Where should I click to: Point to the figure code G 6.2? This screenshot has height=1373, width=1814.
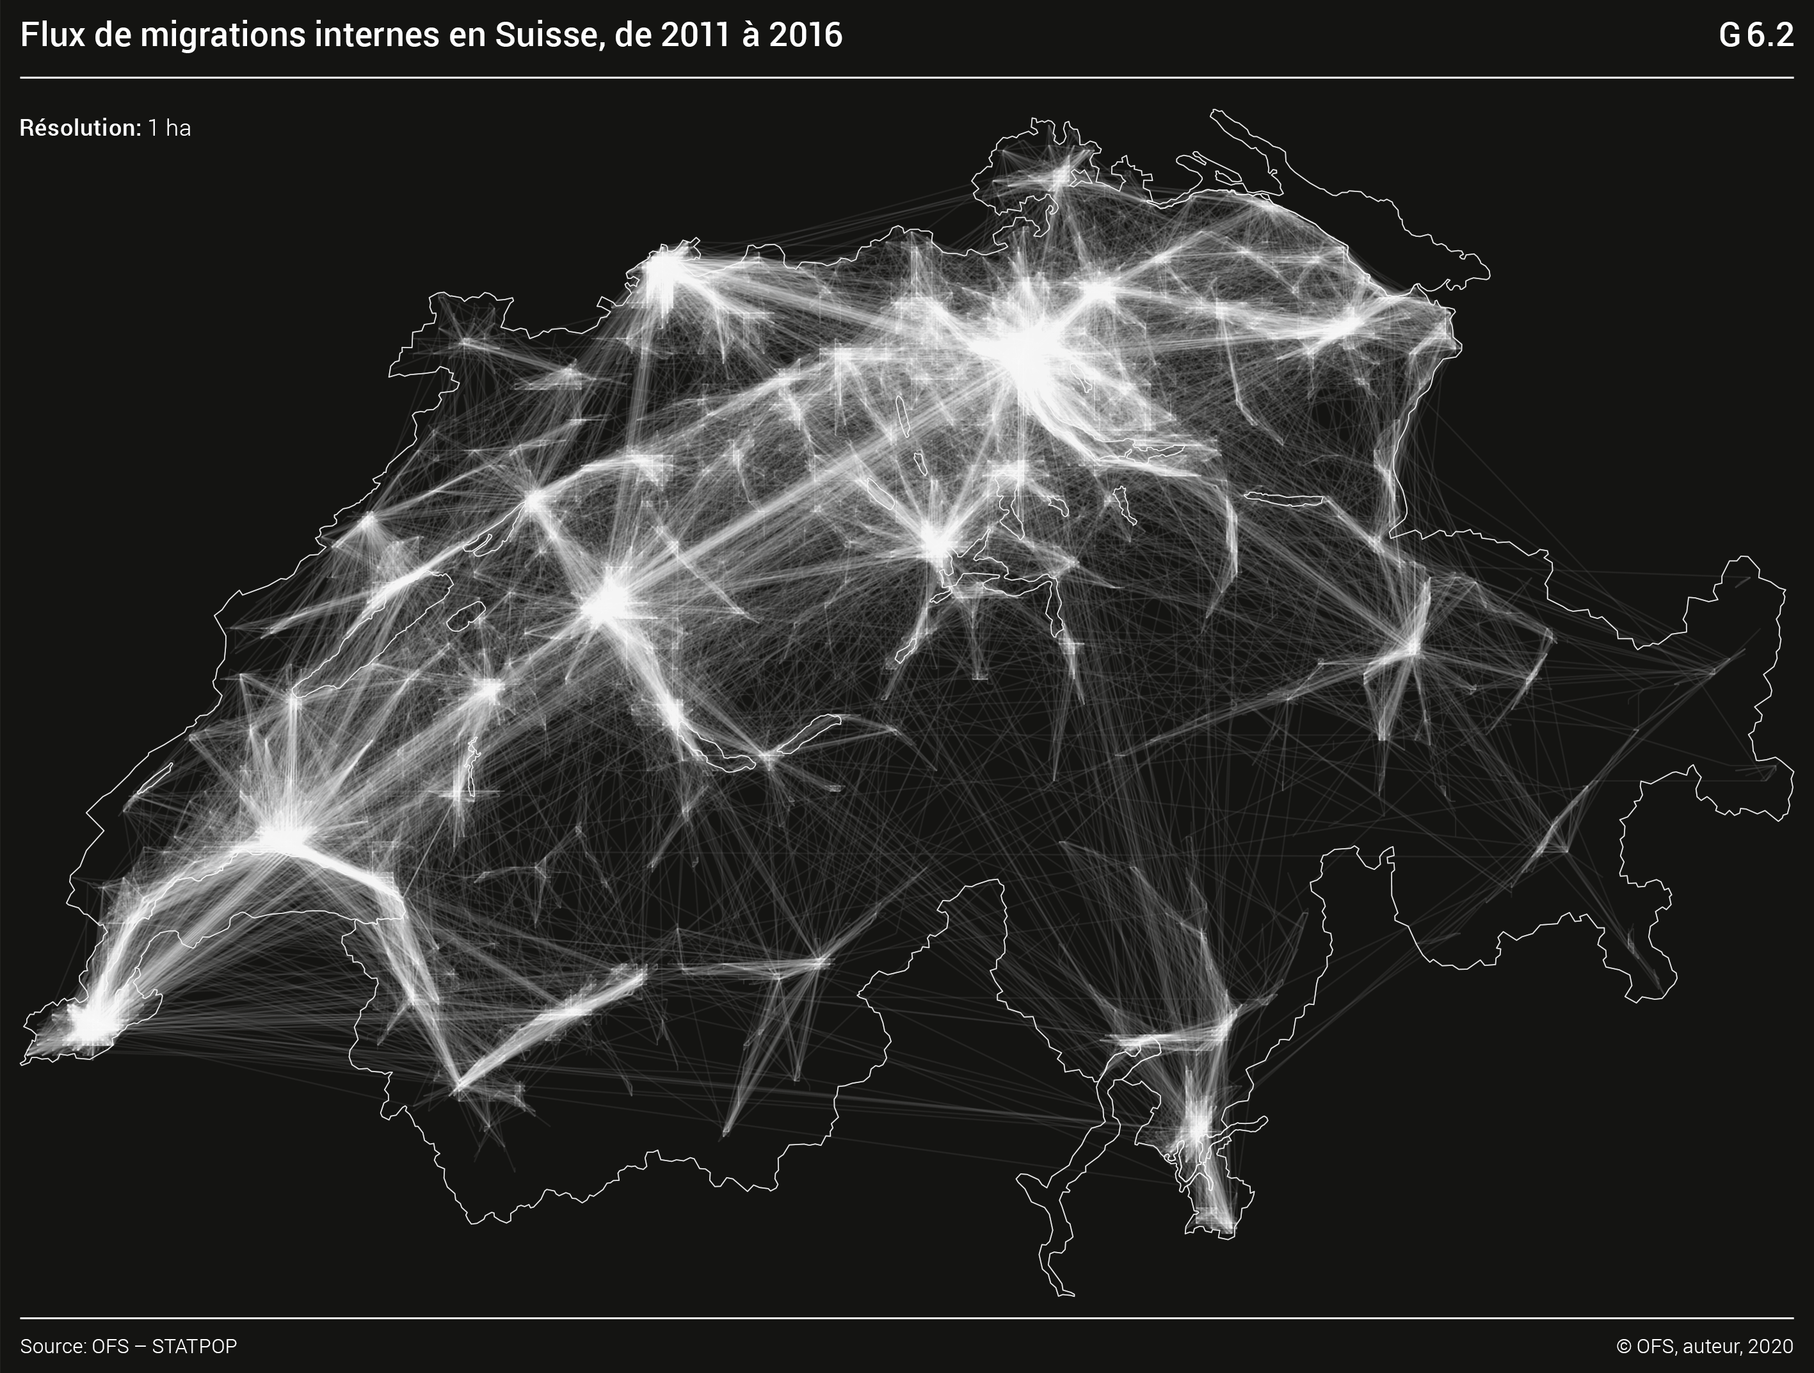tap(1756, 35)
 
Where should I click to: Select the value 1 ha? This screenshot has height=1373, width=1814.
tap(169, 128)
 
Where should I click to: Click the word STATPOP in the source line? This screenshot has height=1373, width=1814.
tap(195, 1347)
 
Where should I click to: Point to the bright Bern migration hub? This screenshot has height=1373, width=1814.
tap(609, 603)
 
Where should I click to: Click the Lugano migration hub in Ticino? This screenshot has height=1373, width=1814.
tap(1198, 1128)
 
